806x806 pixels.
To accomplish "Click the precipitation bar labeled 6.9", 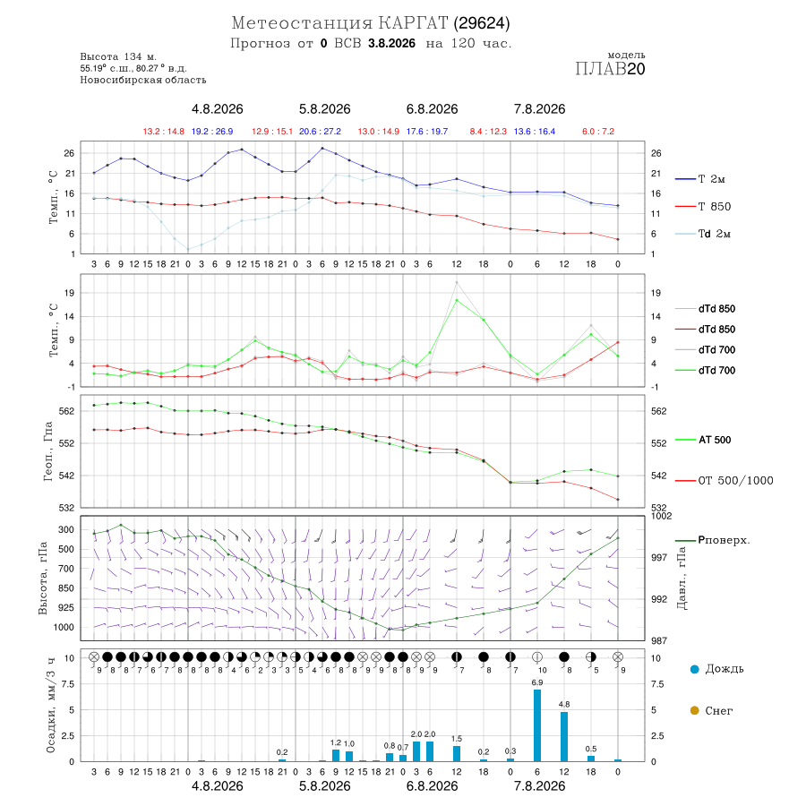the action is [x=537, y=725].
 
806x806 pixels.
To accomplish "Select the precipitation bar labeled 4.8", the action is [x=564, y=736].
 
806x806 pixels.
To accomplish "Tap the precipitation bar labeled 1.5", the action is [x=457, y=753].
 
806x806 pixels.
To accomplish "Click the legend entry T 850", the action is [x=703, y=207].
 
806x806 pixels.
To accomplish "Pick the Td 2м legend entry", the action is [x=703, y=234].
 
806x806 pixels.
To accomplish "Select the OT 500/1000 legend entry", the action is [x=725, y=481].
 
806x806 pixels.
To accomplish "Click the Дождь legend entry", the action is [x=717, y=669].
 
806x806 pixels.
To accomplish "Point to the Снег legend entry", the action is [x=711, y=710].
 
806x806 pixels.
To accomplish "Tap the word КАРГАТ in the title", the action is [x=413, y=23].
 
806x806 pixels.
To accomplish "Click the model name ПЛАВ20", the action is [x=610, y=68].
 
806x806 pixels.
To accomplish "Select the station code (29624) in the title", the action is [x=482, y=23].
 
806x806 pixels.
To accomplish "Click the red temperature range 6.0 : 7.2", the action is [x=598, y=132].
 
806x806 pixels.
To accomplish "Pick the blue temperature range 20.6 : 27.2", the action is [x=320, y=132].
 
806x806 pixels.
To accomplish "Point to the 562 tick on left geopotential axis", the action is [x=67, y=411].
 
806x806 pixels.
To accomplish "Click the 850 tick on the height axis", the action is [x=65, y=588].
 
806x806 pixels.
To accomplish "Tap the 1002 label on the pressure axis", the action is [x=661, y=516].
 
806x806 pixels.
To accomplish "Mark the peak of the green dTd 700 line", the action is [x=457, y=300].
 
